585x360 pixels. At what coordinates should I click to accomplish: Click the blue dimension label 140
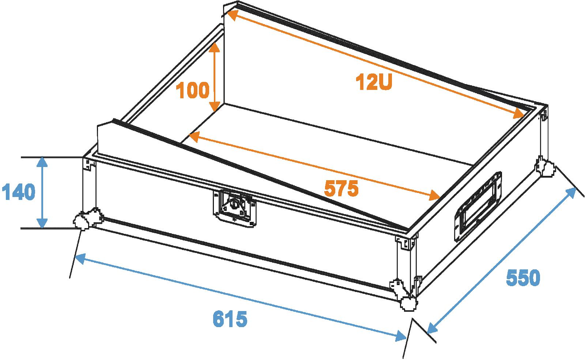coord(18,192)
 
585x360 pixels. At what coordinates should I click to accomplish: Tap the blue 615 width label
coord(230,319)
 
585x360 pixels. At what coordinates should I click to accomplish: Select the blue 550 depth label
coord(523,277)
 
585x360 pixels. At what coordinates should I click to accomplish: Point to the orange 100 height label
coord(193,90)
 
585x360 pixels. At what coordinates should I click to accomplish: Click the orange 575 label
coord(341,189)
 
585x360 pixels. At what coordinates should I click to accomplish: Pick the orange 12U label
coord(374,82)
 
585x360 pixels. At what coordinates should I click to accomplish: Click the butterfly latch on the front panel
coord(234,208)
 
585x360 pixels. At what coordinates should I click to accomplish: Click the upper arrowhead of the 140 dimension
coord(42,162)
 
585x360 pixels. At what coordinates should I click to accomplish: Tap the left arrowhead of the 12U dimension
coord(233,15)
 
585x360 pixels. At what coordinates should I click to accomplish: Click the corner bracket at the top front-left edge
coord(89,164)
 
